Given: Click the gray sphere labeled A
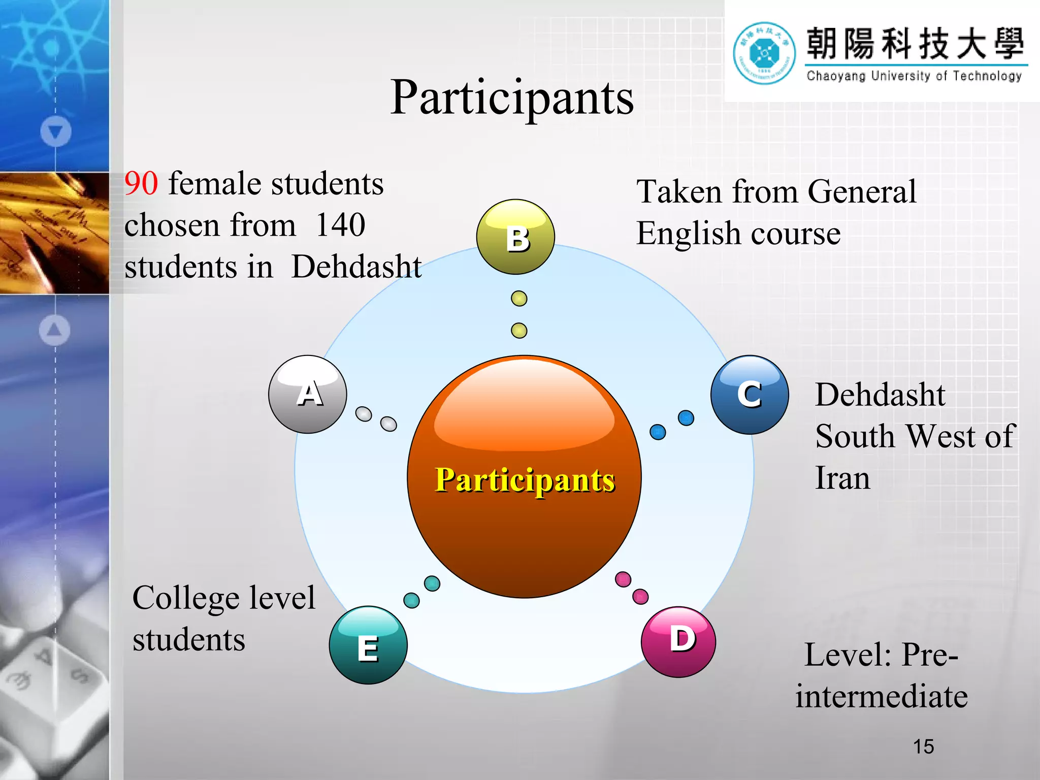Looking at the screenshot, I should pyautogui.click(x=308, y=394).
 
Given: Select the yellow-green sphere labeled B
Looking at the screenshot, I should pyautogui.click(x=515, y=237).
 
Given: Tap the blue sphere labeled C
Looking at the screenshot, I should pyautogui.click(x=750, y=395).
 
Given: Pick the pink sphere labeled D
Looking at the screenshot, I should pyautogui.click(x=678, y=641).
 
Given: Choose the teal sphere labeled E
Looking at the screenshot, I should pyautogui.click(x=368, y=645).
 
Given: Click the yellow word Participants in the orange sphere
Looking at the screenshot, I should pyautogui.click(x=525, y=480).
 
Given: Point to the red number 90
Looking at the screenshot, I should pyautogui.click(x=141, y=183).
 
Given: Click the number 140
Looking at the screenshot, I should pyautogui.click(x=340, y=225).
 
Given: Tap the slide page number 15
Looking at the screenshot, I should pyautogui.click(x=923, y=746).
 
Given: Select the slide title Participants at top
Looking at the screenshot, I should pyautogui.click(x=512, y=97).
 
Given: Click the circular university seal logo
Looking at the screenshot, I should pyautogui.click(x=764, y=53).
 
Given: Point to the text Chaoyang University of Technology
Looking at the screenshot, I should pyautogui.click(x=914, y=76).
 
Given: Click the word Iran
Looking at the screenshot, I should pyautogui.click(x=842, y=478).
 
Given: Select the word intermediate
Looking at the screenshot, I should pyautogui.click(x=882, y=696).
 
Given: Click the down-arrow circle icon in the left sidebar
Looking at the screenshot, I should pyautogui.click(x=56, y=132).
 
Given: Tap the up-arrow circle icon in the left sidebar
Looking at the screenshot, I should pyautogui.click(x=55, y=330).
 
